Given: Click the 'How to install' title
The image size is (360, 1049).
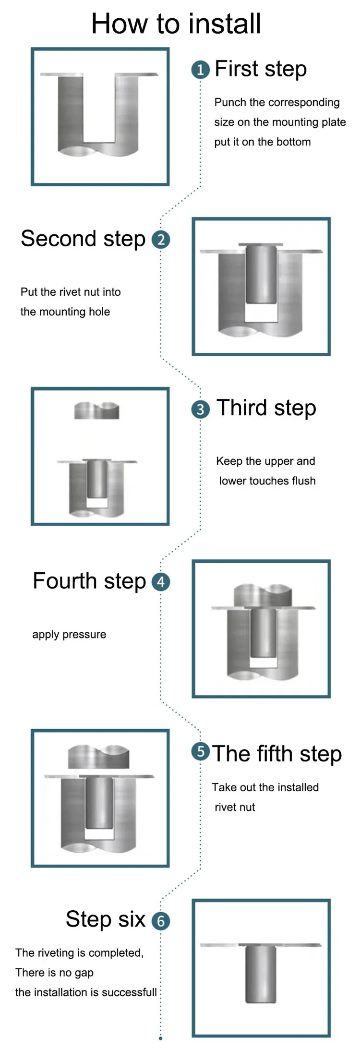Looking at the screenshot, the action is [176, 24].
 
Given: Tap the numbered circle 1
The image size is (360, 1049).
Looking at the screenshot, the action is [200, 70].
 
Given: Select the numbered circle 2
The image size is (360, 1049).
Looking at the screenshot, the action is [161, 239].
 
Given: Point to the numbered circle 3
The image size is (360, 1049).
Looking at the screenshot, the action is [200, 410].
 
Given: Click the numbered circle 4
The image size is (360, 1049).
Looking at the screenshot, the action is [161, 581].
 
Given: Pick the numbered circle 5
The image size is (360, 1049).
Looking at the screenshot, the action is [200, 751].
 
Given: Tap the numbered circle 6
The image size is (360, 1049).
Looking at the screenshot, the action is [161, 921].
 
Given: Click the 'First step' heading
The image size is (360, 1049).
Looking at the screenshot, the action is [261, 69].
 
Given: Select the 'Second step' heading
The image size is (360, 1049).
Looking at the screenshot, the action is [83, 239].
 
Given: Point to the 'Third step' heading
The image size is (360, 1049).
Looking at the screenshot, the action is [266, 408].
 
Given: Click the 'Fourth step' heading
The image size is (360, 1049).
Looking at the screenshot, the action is [89, 581].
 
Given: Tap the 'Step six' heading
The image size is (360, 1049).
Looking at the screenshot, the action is [106, 919].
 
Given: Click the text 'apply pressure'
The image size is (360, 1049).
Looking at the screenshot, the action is [69, 634].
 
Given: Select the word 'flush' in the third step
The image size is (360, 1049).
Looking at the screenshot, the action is [303, 481].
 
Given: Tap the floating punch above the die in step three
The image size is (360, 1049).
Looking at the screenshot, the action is [96, 410].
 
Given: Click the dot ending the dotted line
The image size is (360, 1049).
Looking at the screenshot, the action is [160, 1038].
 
